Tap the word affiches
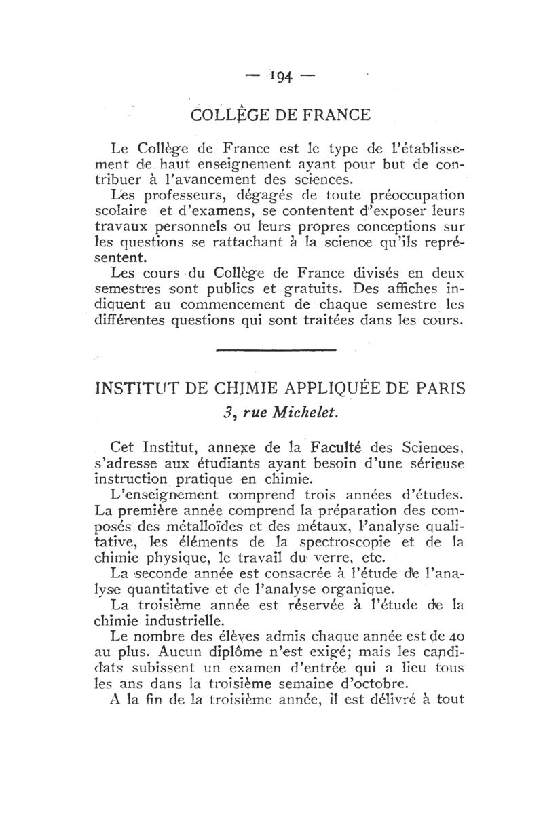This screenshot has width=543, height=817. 405,290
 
